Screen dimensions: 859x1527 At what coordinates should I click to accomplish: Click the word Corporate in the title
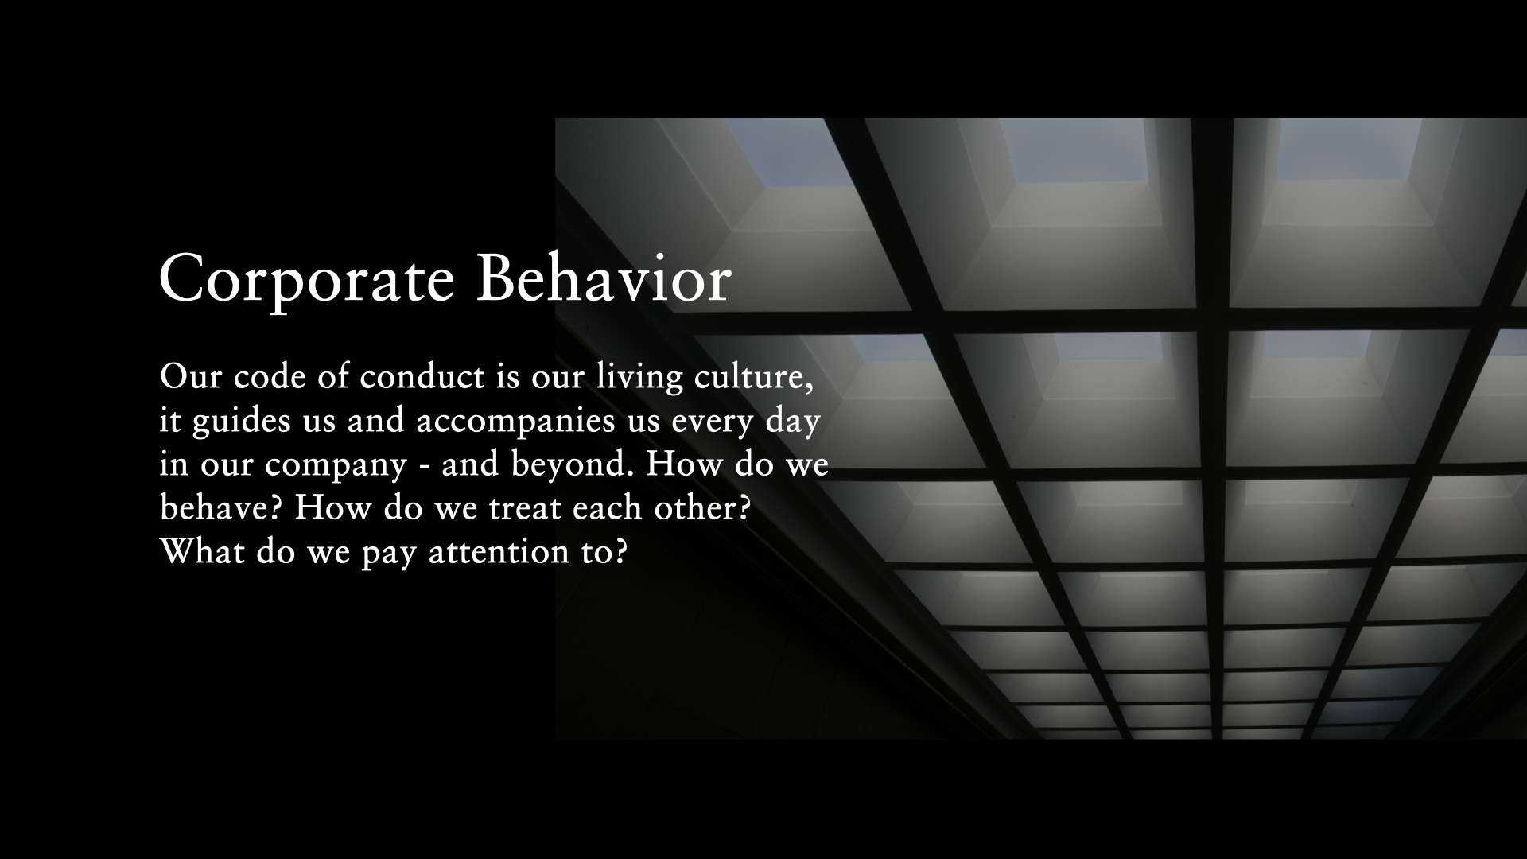(306, 280)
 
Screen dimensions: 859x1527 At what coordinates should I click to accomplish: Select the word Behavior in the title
(603, 278)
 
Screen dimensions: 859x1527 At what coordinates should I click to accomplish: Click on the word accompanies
(515, 422)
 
